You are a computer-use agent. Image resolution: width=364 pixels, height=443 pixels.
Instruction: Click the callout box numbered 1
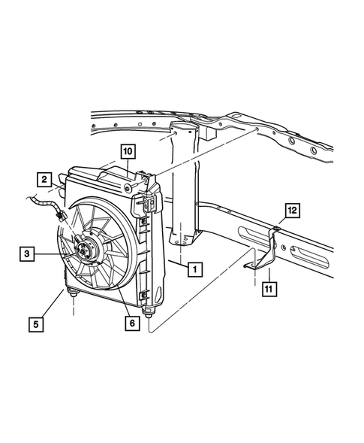point(194,269)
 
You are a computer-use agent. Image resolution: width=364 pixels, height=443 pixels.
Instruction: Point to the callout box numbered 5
point(36,325)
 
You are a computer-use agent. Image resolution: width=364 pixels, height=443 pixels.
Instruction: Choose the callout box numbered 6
point(130,323)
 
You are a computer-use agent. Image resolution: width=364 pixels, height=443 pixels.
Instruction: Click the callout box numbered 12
point(292,209)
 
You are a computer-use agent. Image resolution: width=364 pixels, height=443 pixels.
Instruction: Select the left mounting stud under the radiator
point(74,298)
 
